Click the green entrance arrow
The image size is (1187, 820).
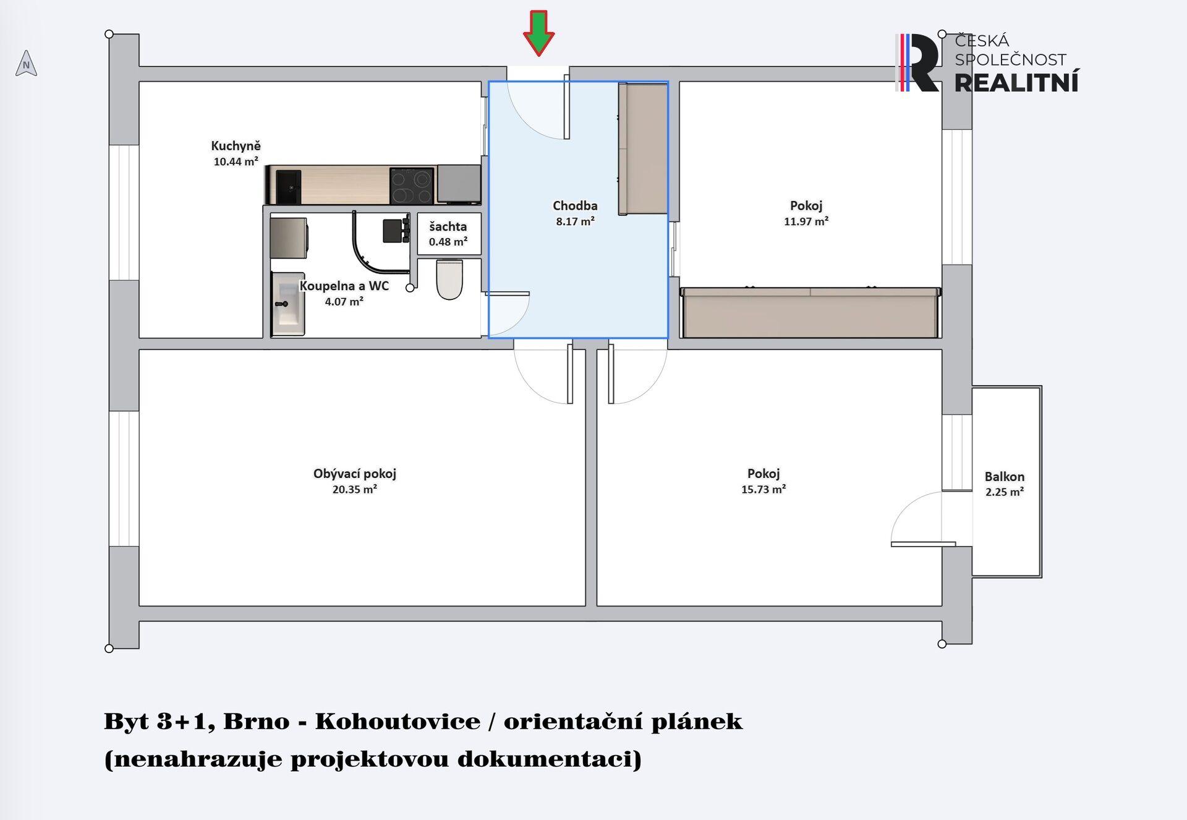538,33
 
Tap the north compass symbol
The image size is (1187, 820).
26,63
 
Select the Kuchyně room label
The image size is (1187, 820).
236,146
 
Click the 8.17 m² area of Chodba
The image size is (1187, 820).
575,221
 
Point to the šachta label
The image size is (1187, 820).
448,226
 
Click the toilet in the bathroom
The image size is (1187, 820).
449,280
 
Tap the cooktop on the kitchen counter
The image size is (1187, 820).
412,186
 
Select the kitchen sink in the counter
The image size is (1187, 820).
288,187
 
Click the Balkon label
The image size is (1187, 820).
1005,477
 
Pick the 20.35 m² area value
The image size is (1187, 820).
355,489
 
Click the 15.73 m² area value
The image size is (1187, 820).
764,489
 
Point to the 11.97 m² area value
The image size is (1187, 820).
806,221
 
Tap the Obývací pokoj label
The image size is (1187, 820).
355,474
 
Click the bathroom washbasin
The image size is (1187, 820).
288,304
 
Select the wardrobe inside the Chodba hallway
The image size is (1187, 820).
644,148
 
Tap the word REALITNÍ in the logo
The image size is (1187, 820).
1017,82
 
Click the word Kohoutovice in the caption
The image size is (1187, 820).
398,721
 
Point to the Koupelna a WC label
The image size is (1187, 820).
344,286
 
